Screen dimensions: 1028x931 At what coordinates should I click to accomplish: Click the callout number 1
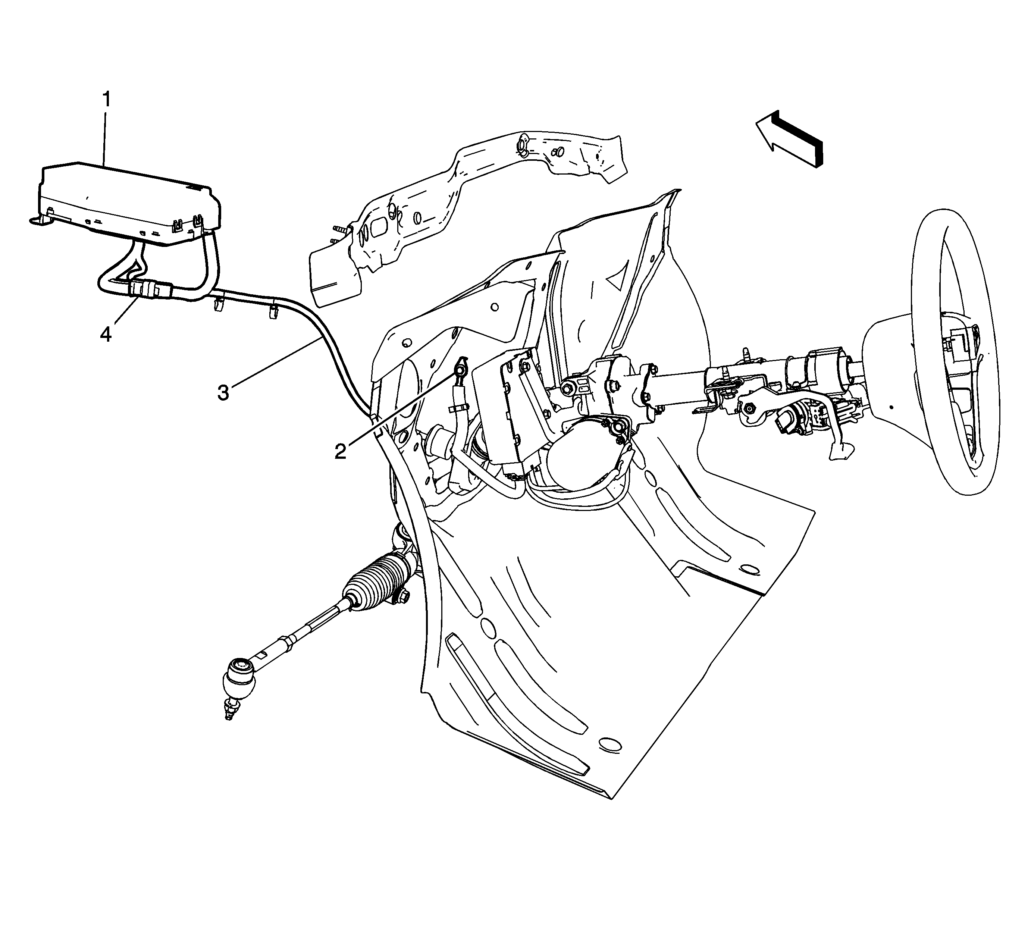(107, 100)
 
